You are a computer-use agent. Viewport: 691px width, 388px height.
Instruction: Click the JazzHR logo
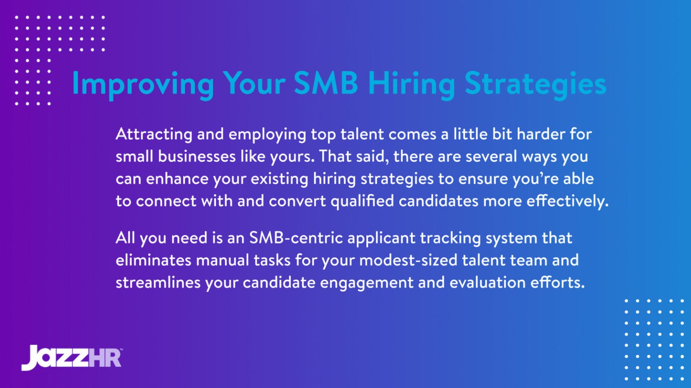72,357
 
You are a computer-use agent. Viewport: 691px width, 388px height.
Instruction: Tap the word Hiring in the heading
411,84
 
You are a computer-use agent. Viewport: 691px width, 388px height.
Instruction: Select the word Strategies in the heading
535,84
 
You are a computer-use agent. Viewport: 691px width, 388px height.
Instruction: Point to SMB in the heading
326,83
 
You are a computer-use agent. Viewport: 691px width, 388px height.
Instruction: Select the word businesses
197,156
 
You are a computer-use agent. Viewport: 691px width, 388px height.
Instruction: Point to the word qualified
362,201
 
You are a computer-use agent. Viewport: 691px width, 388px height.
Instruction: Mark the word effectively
567,201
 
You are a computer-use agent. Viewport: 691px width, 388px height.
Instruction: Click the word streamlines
158,282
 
